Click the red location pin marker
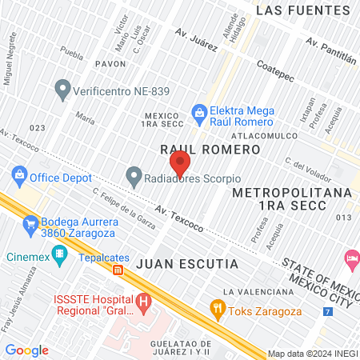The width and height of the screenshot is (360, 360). pyautogui.click(x=180, y=162)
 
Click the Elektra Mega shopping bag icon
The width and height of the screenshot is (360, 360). pyautogui.click(x=198, y=112)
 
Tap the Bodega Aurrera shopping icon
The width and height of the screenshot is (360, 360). pyautogui.click(x=31, y=222)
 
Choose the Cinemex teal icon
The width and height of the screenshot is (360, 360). pyautogui.click(x=58, y=256)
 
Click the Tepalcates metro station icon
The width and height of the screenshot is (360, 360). pyautogui.click(x=118, y=270)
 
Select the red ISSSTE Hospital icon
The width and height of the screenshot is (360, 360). pyautogui.click(x=143, y=302)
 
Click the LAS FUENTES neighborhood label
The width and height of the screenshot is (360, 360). pyautogui.click(x=303, y=11)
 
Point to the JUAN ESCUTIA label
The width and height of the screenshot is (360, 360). pyautogui.click(x=186, y=262)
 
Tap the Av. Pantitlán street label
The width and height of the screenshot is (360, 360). pyautogui.click(x=331, y=48)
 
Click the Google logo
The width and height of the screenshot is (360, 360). pyautogui.click(x=27, y=350)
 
